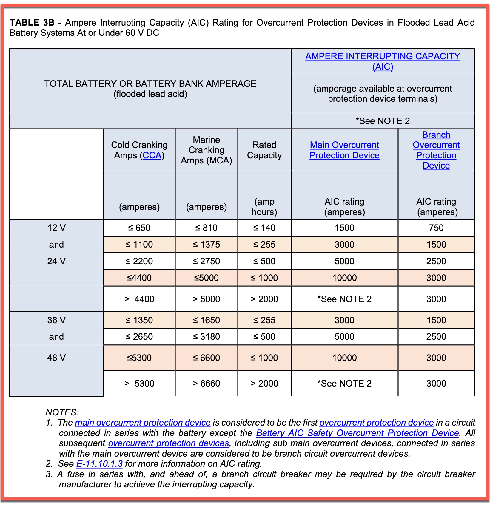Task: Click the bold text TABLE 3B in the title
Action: (32, 23)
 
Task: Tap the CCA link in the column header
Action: (152, 155)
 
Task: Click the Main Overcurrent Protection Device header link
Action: (344, 150)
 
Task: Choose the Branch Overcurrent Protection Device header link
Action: (436, 150)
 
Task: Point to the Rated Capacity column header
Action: (264, 150)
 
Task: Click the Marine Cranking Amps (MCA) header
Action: (206, 150)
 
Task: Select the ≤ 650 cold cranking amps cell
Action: (139, 228)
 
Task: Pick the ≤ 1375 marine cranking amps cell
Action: (206, 245)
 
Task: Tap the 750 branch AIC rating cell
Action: (436, 228)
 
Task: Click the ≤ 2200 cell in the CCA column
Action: (139, 261)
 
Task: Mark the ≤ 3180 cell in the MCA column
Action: (206, 337)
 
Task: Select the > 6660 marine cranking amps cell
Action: (206, 383)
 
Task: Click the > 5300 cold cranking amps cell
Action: (139, 383)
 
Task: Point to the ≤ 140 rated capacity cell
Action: (264, 228)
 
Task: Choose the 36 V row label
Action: (56, 320)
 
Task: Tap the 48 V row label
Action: (56, 358)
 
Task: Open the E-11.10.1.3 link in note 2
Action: (99, 464)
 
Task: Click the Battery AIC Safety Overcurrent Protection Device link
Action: (357, 433)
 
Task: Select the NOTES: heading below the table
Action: (62, 412)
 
